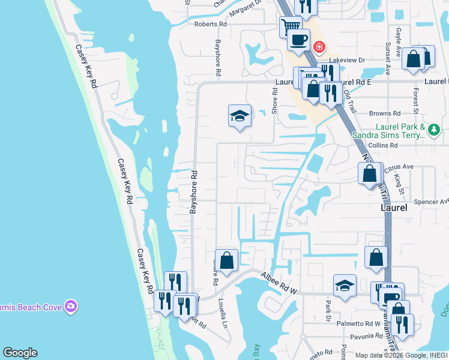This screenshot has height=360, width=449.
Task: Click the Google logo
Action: (x=20, y=353)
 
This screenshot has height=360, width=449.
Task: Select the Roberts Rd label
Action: (x=210, y=24)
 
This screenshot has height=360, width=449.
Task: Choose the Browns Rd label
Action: (x=384, y=113)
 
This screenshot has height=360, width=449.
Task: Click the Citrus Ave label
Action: (x=399, y=166)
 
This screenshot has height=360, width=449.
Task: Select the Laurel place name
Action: (x=394, y=208)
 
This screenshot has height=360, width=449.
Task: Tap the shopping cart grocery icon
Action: (x=291, y=26)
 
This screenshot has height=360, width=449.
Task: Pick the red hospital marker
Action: (x=319, y=46)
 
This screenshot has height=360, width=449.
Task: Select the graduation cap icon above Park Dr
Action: (x=345, y=286)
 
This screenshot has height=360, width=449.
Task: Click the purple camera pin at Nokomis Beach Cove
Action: (x=71, y=307)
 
